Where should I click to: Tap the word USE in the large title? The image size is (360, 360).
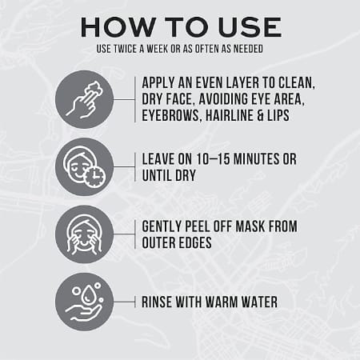(250, 27)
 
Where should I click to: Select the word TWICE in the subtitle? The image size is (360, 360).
(125, 49)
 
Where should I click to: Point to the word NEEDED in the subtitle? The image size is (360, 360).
(248, 49)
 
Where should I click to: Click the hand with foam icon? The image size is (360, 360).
(84, 99)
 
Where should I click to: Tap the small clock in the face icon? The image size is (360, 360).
(94, 176)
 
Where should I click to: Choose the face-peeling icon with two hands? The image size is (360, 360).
(84, 234)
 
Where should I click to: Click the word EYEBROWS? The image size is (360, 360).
(170, 116)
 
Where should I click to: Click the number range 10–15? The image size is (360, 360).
(213, 159)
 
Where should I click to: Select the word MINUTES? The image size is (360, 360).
(257, 159)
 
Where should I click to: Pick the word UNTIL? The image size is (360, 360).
(156, 175)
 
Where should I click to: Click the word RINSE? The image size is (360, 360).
(157, 302)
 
